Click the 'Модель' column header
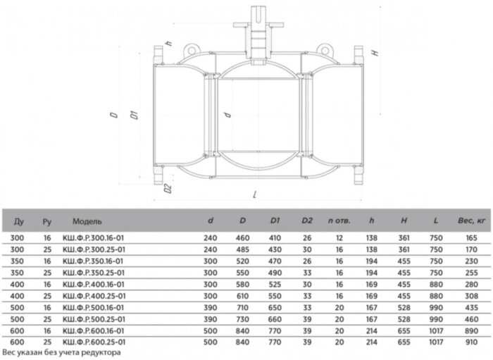[87, 221]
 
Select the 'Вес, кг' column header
[472, 221]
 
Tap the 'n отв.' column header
[339, 221]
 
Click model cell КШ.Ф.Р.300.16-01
[94, 238]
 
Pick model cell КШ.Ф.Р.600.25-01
[94, 342]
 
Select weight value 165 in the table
[472, 238]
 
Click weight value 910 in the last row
[472, 342]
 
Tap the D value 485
[242, 249]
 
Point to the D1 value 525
[275, 285]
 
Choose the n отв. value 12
[339, 238]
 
